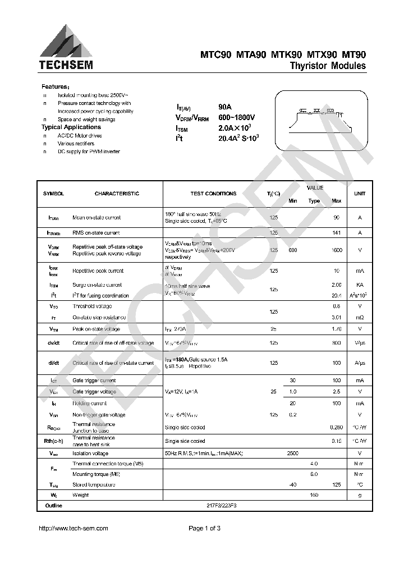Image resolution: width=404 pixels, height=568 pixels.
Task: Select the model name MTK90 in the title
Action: pos(287,54)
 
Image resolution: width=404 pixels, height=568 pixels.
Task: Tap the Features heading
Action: pos(56,87)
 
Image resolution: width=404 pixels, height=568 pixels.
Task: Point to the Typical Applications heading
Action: pos(71,127)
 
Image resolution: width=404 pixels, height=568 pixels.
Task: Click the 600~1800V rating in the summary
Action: pos(237,117)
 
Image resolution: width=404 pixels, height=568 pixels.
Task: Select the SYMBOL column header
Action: pos(54,194)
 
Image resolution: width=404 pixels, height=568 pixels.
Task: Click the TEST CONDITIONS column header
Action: pos(213,194)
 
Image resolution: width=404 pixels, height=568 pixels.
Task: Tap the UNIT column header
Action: pos(359,194)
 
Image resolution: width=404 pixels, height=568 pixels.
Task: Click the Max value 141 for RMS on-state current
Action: pos(337,232)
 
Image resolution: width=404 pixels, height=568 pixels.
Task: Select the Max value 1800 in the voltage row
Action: pos(337,250)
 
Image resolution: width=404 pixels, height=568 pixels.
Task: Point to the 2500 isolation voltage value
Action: pos(292,453)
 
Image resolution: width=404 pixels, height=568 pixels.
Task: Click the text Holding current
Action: pos(90,403)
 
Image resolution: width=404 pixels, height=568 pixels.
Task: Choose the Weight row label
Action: pos(81,495)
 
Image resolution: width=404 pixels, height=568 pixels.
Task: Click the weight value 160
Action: pos(314,495)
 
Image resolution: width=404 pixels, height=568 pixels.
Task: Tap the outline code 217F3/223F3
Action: pos(222,506)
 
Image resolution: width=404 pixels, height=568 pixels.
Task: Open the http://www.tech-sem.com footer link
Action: pos(73,528)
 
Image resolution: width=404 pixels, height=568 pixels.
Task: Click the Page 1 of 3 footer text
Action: pos(204,528)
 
